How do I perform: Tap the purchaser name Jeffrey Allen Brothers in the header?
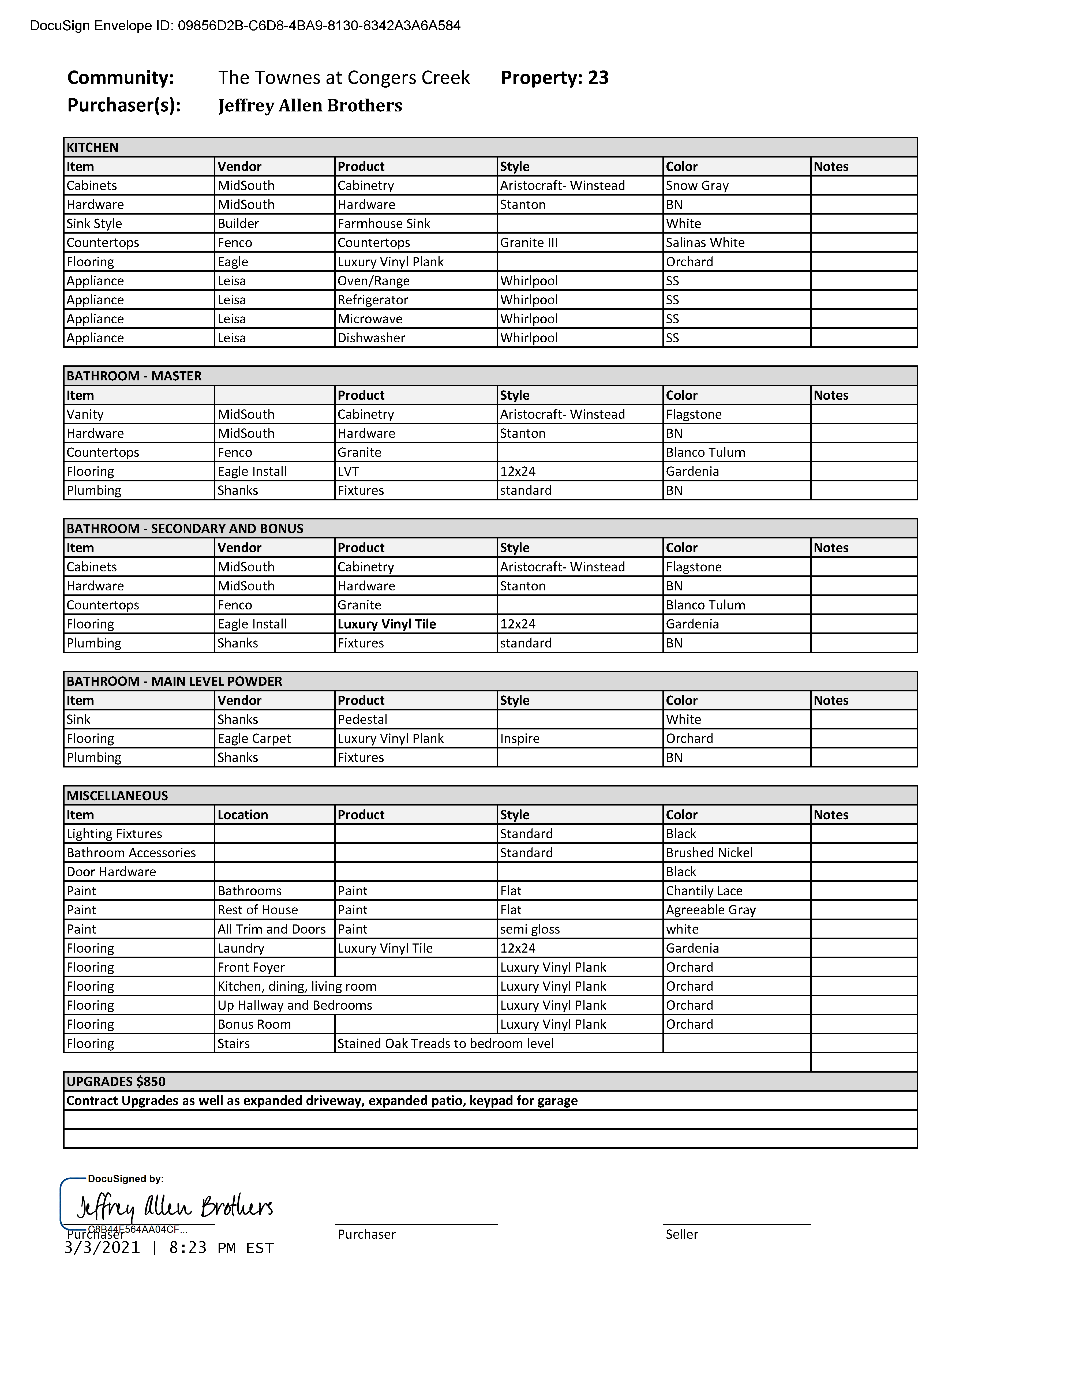pos(310,106)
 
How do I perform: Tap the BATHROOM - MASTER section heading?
pos(134,376)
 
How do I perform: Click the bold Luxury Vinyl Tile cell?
pos(387,624)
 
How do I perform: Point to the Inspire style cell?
pos(519,739)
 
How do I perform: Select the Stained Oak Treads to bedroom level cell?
pos(445,1043)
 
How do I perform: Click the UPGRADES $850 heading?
pos(117,1081)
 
